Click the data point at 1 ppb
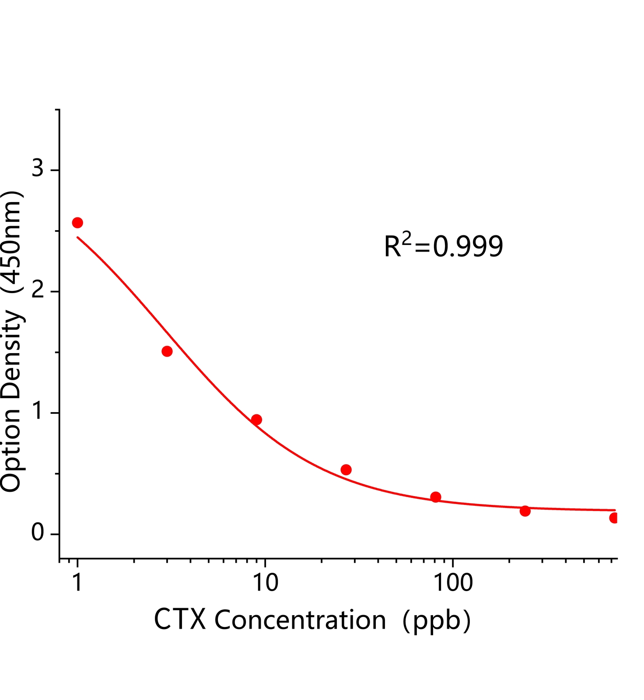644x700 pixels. click(x=77, y=223)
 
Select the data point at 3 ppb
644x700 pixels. click(x=167, y=351)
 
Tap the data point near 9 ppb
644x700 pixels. click(x=257, y=420)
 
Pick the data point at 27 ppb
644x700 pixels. click(x=346, y=470)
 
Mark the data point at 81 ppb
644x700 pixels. click(x=436, y=497)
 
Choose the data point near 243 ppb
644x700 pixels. click(x=525, y=511)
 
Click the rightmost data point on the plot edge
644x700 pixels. click(x=614, y=518)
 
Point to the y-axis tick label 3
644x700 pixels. click(x=38, y=168)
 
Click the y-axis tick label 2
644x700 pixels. click(x=38, y=289)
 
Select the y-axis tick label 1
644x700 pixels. click(x=38, y=411)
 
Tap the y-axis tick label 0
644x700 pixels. click(x=38, y=532)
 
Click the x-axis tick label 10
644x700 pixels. click(x=266, y=583)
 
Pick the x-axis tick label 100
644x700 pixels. click(x=453, y=583)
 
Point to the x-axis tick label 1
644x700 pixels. click(x=77, y=583)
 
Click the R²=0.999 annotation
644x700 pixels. click(x=443, y=246)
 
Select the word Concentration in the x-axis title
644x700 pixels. click(x=300, y=620)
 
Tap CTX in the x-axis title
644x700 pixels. click(x=180, y=620)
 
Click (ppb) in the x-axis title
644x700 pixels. click(x=437, y=620)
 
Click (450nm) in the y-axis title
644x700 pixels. click(x=12, y=242)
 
